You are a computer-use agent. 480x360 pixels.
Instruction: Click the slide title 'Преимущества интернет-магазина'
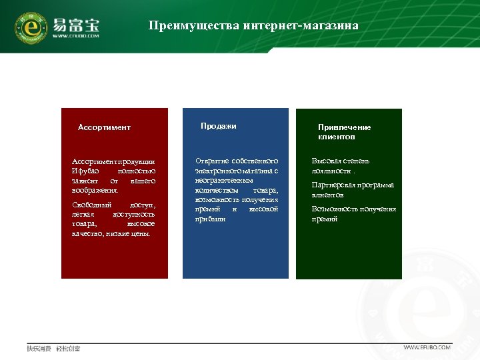click(x=253, y=26)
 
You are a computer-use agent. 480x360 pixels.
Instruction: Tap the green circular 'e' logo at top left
click(x=30, y=27)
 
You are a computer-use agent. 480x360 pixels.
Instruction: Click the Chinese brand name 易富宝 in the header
click(x=76, y=25)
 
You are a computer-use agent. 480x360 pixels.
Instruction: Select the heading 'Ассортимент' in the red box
click(x=104, y=127)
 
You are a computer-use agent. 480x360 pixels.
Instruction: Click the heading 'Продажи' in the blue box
click(x=219, y=126)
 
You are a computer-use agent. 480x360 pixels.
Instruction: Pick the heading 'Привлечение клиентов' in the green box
click(x=345, y=132)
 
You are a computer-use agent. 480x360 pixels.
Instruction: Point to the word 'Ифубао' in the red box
click(x=85, y=171)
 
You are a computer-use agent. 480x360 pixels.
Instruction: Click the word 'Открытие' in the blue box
click(x=212, y=161)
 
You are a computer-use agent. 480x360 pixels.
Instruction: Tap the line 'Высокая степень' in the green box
click(x=341, y=161)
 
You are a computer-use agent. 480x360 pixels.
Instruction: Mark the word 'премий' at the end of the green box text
click(x=325, y=219)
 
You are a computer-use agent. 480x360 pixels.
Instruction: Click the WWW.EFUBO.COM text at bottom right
click(x=427, y=347)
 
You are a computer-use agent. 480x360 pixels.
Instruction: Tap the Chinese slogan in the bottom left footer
click(x=53, y=349)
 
